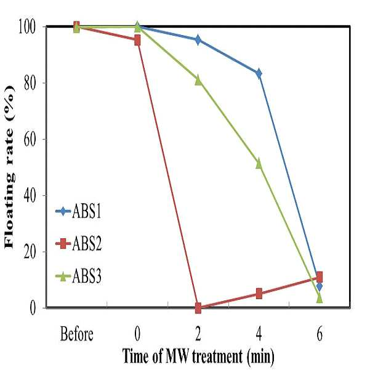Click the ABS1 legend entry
[78, 211]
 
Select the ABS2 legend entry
[78, 244]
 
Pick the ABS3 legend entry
[78, 276]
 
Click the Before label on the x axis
[77, 334]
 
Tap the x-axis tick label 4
[259, 334]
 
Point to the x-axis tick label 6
[320, 334]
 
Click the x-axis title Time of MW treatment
[182, 356]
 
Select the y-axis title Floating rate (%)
[9, 166]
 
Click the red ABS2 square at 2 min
[198, 308]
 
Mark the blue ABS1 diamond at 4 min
[259, 74]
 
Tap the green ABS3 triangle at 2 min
[198, 81]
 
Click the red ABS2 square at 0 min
[137, 41]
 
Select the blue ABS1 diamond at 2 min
[198, 39]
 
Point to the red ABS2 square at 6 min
[320, 277]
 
